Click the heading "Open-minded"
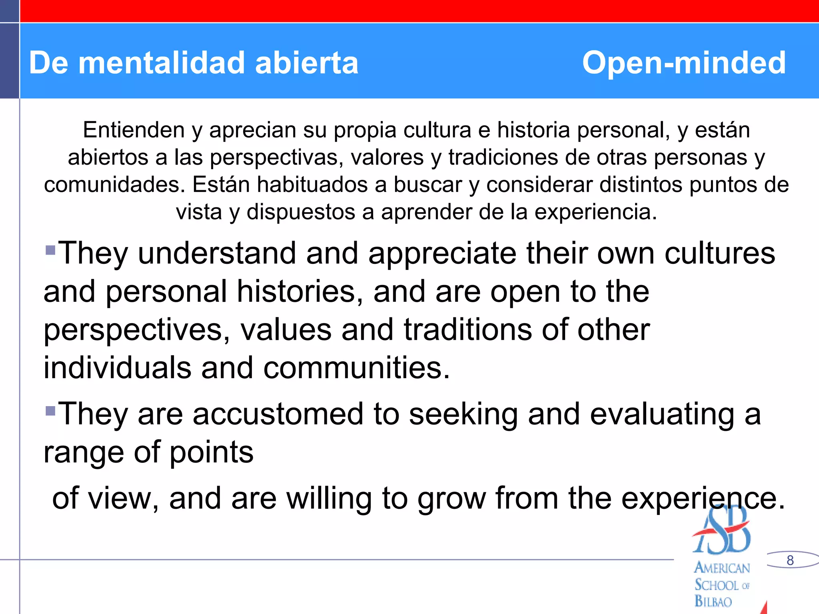pos(684,63)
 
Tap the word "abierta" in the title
pos(307,63)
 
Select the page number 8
pos(790,560)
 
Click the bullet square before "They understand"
pos(50,251)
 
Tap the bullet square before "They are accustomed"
pos(50,411)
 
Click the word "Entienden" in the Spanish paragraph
pos(134,130)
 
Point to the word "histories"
pos(296,291)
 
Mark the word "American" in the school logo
pos(722,568)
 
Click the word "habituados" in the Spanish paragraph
pos(322,185)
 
